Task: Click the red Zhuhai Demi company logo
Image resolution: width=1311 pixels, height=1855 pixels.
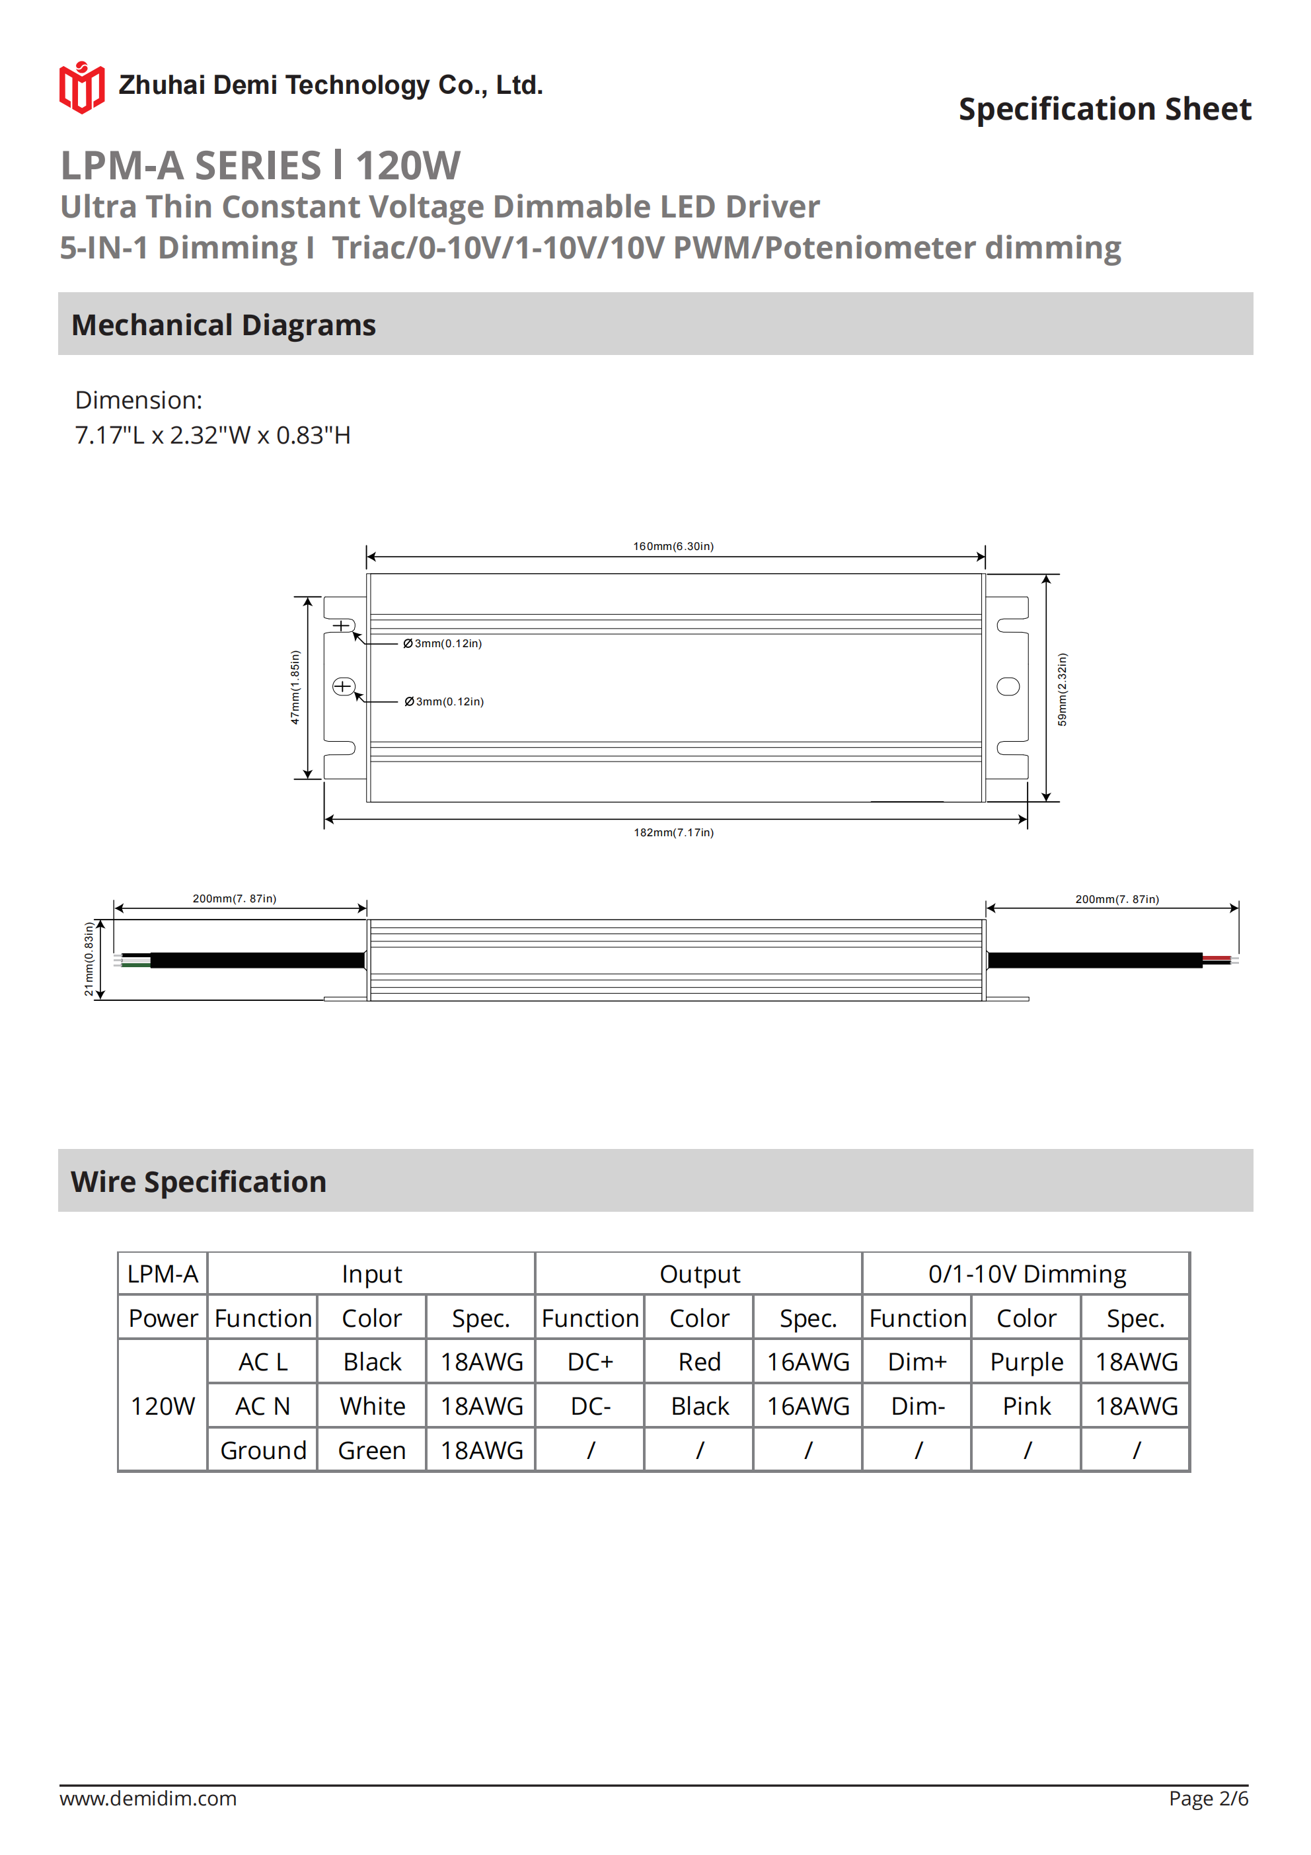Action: [x=81, y=87]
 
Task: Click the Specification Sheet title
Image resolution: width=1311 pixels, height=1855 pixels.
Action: [x=1104, y=109]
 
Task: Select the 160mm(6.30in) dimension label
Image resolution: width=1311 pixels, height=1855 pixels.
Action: [x=673, y=546]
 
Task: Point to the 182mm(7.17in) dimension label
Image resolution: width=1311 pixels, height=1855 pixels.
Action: [x=673, y=832]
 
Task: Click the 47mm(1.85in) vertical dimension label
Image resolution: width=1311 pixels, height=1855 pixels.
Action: [x=295, y=687]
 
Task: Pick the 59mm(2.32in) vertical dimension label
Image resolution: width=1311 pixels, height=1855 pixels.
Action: [x=1061, y=689]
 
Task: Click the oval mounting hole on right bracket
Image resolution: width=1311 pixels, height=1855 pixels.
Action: [x=1007, y=687]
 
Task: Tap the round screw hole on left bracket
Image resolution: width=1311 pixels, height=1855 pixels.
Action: [x=344, y=687]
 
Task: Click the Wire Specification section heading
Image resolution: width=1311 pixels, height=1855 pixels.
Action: [x=199, y=1181]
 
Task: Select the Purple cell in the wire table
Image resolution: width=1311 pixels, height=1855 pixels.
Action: [x=1026, y=1361]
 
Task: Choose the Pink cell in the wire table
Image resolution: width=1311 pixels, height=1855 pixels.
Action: [x=1026, y=1405]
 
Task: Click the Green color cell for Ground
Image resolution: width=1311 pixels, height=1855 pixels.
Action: [x=371, y=1450]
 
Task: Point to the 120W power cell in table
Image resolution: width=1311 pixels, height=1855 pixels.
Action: [x=163, y=1405]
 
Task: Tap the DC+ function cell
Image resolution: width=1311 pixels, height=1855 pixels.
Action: [x=589, y=1361]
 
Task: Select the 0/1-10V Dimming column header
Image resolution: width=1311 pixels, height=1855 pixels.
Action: [x=1026, y=1274]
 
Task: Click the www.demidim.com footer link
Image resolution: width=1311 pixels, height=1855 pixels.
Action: [x=148, y=1798]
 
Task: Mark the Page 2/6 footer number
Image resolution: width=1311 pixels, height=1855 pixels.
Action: [x=1208, y=1798]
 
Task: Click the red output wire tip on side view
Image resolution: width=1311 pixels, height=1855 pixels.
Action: [x=1217, y=957]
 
